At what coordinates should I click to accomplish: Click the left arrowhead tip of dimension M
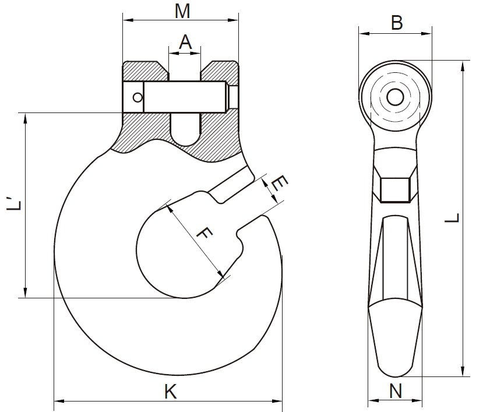[123, 20]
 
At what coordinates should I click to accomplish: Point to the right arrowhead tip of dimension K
[282, 401]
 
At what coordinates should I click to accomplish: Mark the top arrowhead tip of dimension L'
[25, 113]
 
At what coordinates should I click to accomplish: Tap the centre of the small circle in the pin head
[137, 97]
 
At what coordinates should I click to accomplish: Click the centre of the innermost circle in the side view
[395, 97]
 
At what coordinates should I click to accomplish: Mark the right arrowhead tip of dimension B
[432, 33]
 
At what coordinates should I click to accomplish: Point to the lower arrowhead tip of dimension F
[224, 277]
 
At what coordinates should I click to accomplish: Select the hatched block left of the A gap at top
[145, 71]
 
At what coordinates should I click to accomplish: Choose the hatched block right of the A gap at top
[220, 71]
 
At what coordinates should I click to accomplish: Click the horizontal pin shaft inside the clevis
[184, 97]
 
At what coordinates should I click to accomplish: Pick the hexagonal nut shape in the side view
[395, 190]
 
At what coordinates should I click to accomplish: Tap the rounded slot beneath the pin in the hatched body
[185, 129]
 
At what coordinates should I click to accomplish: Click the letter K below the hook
[171, 391]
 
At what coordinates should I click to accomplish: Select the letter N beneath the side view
[396, 391]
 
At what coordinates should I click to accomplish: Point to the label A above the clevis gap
[185, 43]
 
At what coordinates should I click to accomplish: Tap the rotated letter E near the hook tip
[279, 184]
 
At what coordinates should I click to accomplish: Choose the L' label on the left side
[14, 204]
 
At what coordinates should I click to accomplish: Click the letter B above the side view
[397, 23]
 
